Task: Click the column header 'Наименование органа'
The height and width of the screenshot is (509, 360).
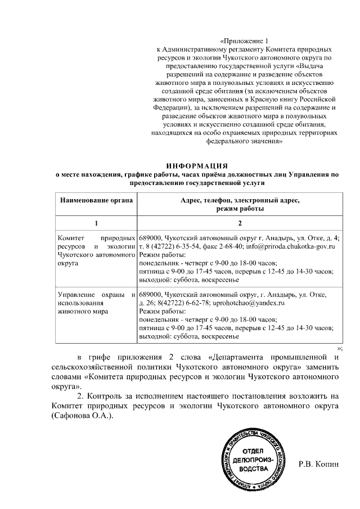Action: coord(96,201)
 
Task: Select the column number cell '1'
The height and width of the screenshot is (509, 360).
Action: coord(96,223)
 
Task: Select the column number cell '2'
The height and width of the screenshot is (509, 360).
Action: coord(240,223)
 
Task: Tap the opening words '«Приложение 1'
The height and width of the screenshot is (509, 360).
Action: coord(242,40)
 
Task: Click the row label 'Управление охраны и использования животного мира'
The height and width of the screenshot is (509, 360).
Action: coord(96,303)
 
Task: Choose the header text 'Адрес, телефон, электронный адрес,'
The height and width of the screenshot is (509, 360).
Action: coord(240,201)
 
